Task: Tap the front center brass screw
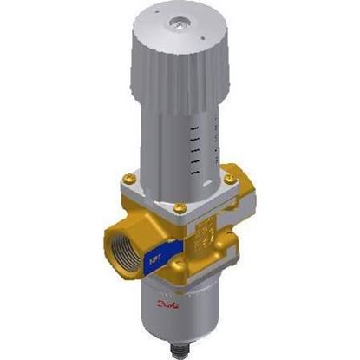tap(179, 206)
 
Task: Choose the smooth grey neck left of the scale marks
tap(173, 147)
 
